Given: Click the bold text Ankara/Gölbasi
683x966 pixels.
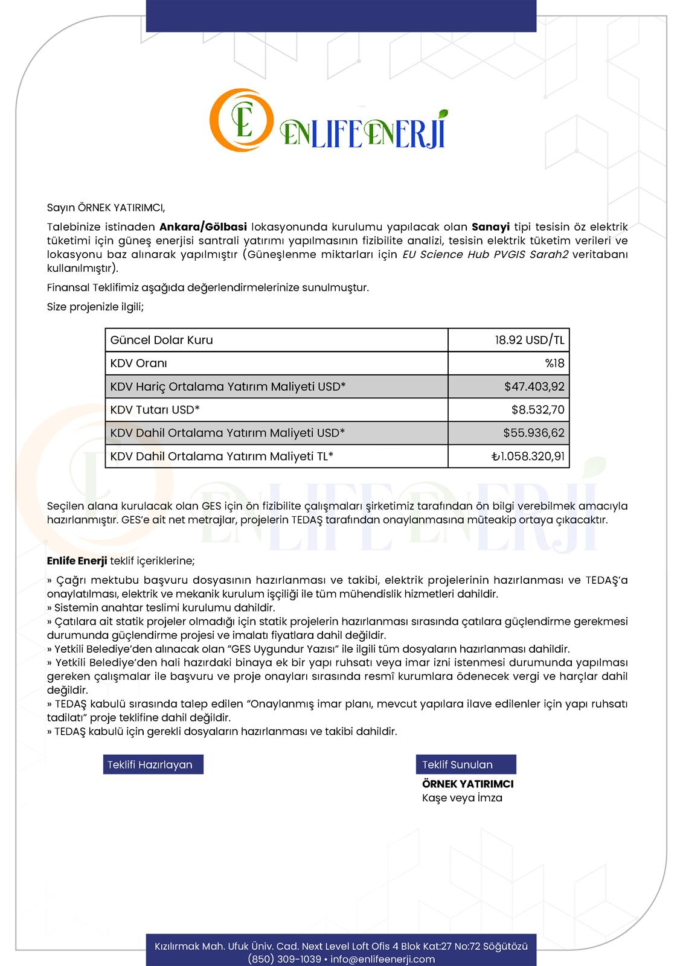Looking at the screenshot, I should tap(203, 227).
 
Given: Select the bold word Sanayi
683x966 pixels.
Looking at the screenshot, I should tap(490, 227).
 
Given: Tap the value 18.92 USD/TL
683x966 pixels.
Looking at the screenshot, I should tap(530, 340).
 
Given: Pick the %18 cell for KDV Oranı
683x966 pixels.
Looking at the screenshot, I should tap(554, 363).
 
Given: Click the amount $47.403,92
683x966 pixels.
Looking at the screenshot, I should tap(534, 386).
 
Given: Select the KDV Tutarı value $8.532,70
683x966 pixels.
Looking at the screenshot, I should tap(537, 410).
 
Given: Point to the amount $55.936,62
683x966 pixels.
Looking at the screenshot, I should tap(534, 433).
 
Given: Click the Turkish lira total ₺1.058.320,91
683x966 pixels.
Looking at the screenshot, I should tap(528, 456).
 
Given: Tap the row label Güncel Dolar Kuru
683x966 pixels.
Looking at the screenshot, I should tap(161, 340).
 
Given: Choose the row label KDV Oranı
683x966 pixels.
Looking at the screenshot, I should tap(138, 363).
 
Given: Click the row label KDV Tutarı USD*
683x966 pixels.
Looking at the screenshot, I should tap(155, 410).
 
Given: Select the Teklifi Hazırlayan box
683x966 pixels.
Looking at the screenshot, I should tap(153, 764).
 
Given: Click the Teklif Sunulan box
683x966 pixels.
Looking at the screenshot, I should tap(466, 764).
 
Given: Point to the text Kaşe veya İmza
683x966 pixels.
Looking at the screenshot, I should tap(462, 798).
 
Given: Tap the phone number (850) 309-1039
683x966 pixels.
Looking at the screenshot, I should tap(284, 959).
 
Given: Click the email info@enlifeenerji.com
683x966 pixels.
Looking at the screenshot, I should tap(383, 959).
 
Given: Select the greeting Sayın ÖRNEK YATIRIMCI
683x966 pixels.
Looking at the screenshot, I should tap(106, 208).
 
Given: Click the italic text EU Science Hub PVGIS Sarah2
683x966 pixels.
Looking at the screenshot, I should tap(486, 254).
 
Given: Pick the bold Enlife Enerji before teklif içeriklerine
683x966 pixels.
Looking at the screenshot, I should tap(77, 561).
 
